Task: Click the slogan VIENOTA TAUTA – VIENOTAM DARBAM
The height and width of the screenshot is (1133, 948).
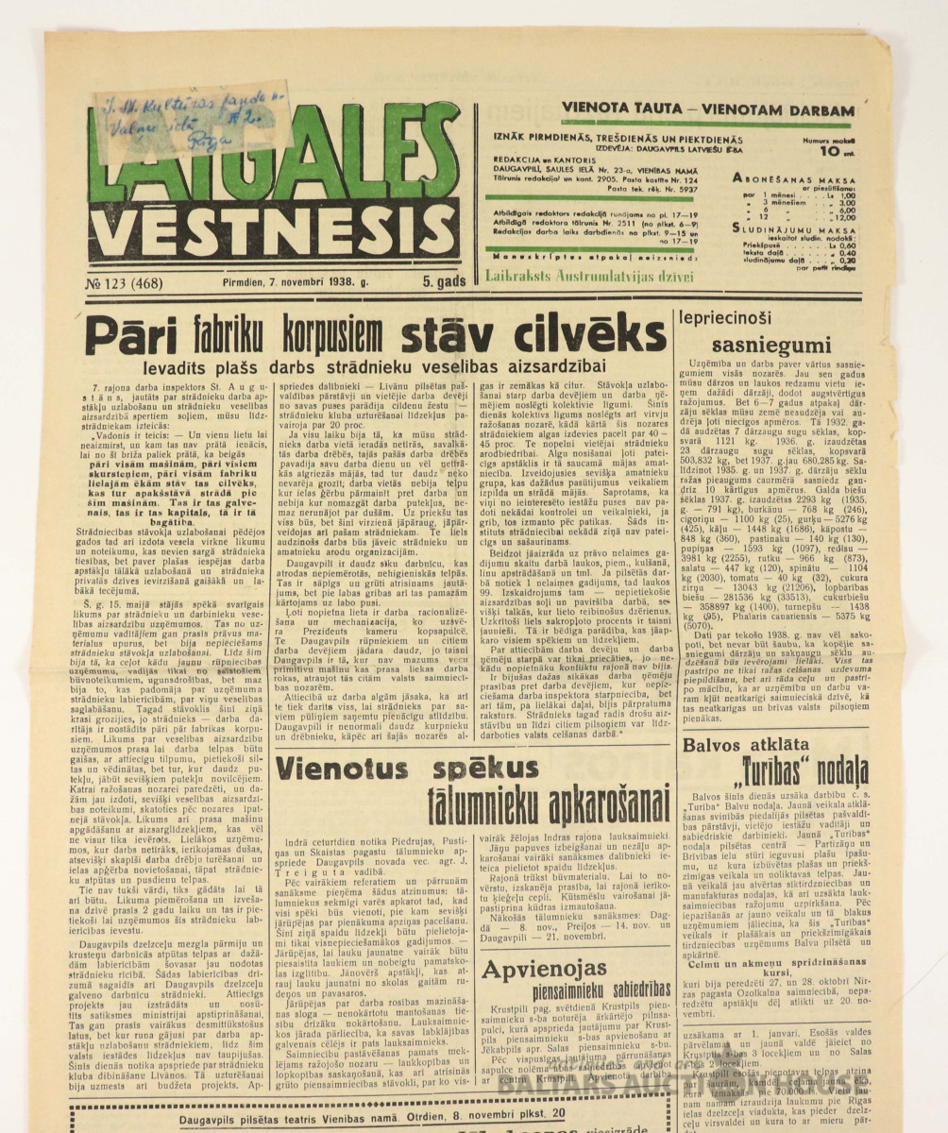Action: (707, 110)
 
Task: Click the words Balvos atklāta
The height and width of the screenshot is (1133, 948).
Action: (759, 745)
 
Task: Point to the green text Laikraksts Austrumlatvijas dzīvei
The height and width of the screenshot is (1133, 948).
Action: (589, 277)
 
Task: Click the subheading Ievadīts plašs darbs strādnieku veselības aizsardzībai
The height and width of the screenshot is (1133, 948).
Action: (377, 369)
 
